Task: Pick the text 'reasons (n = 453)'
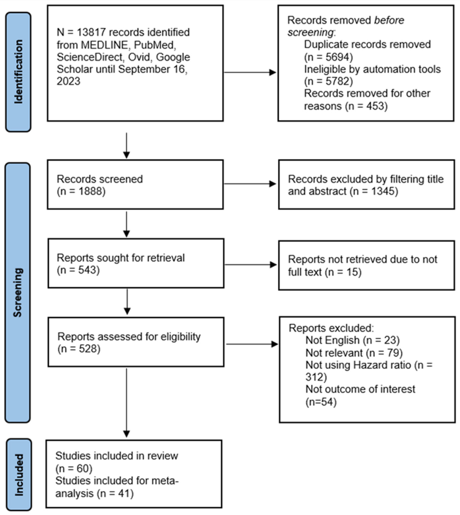coord(345,106)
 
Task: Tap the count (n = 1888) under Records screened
coord(81,191)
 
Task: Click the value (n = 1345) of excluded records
coord(374,191)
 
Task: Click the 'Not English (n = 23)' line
coord(352,340)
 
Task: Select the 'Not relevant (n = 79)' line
coord(354,353)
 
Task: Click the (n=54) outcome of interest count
coord(321,402)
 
